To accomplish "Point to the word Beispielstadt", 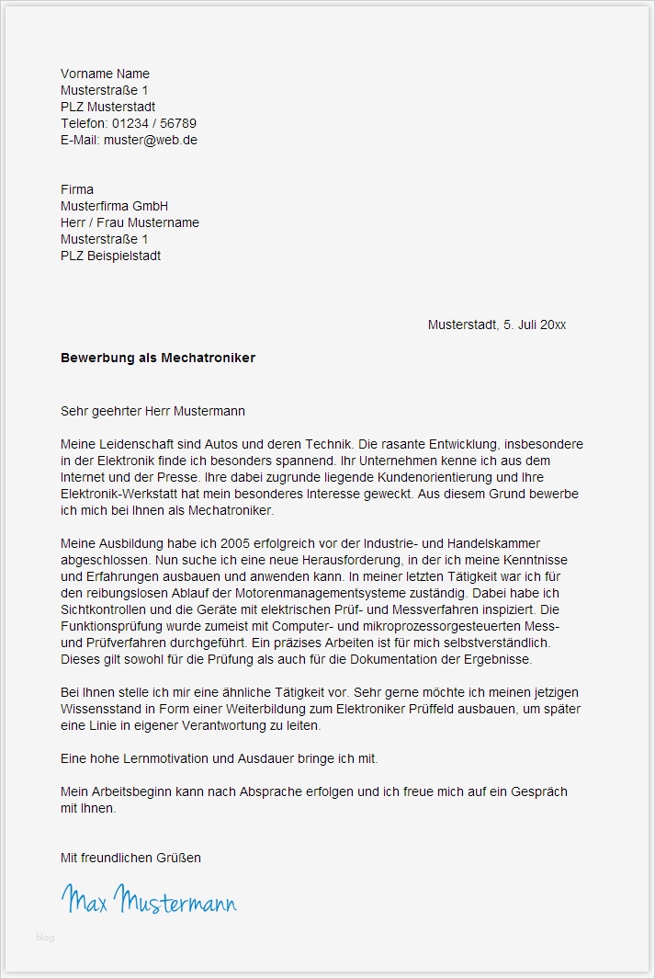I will coord(125,256).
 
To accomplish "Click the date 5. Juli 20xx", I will coord(535,324).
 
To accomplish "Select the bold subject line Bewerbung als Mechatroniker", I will coord(158,357).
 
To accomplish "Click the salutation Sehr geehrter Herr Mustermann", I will coord(152,411).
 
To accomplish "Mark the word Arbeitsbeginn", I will coord(130,791).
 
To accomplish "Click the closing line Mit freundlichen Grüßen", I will coord(130,858).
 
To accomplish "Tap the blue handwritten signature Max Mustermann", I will coord(149,900).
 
